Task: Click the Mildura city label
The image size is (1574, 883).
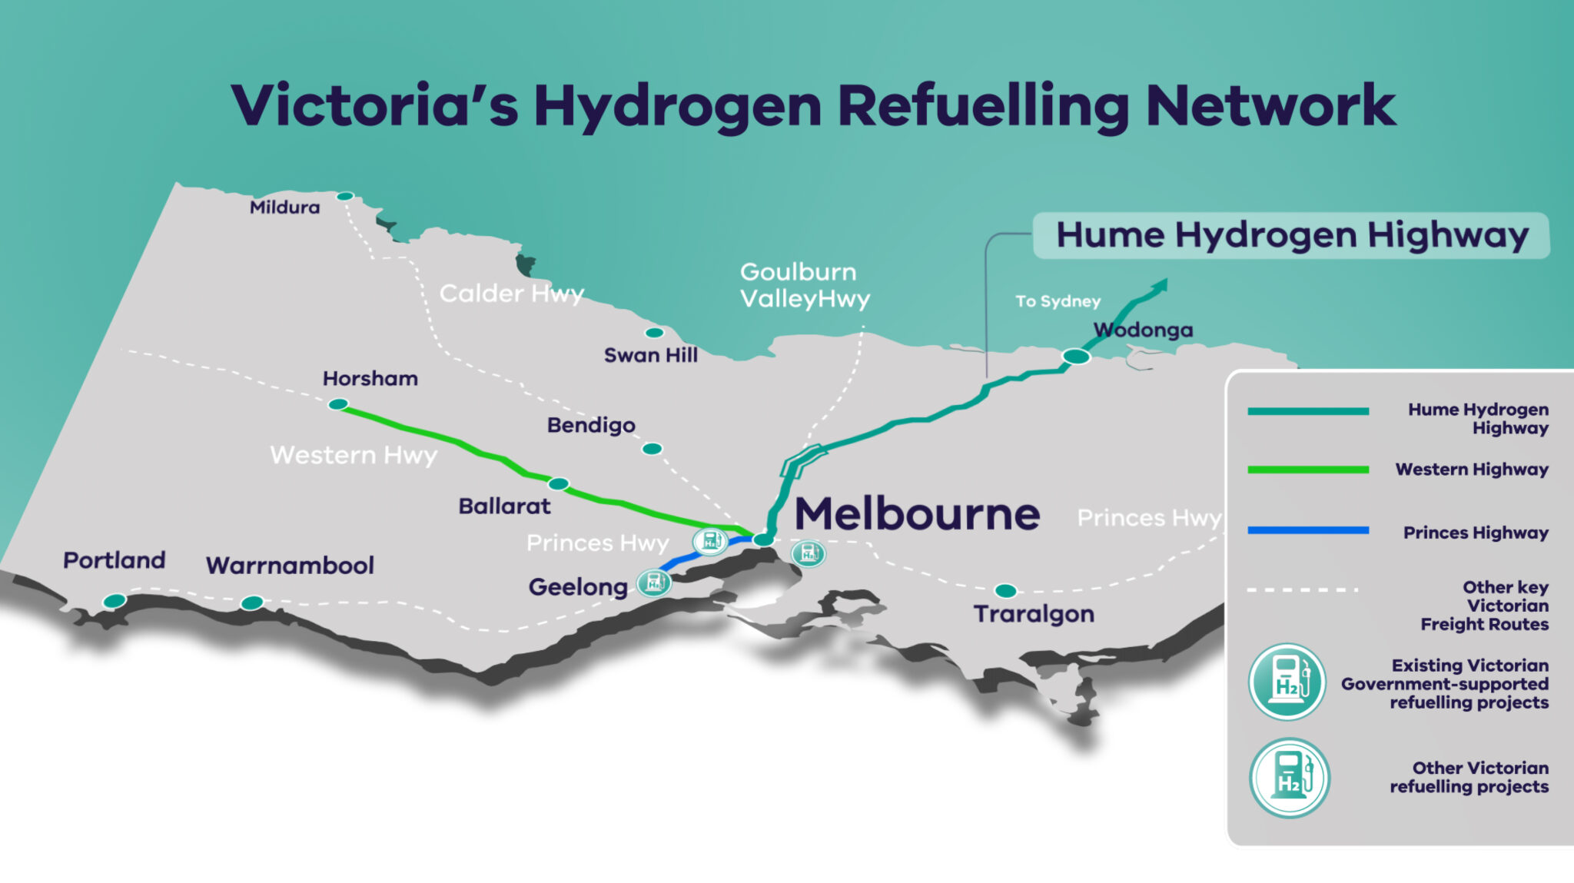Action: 284,207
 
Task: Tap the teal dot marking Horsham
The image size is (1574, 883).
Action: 338,404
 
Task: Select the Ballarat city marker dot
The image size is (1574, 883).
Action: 559,484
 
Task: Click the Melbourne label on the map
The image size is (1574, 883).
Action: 917,514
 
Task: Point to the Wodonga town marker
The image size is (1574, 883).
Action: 1076,357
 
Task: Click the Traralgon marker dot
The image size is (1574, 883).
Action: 1005,591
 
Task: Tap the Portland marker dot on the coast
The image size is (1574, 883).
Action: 115,601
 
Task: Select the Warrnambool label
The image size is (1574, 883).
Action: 290,566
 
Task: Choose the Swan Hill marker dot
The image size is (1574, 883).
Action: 654,333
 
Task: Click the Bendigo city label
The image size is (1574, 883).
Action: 591,426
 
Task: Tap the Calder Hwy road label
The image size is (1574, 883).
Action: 512,294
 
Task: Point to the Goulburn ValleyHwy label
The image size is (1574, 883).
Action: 805,285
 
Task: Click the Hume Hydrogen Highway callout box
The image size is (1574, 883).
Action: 1291,235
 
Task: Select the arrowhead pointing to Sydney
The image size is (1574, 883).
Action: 1159,286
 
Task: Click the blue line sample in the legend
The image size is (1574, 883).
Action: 1308,530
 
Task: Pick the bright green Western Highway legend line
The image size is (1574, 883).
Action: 1308,470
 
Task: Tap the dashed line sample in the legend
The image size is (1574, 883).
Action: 1303,590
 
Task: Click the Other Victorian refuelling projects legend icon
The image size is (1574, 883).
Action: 1289,778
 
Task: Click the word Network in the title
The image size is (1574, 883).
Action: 1270,106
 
